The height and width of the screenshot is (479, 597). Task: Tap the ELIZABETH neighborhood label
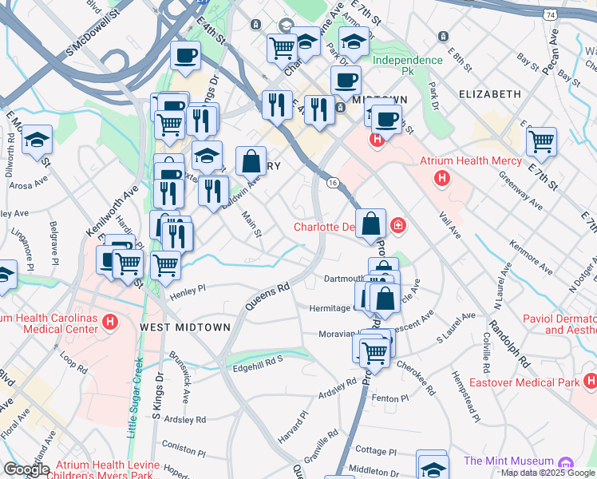coord(489,93)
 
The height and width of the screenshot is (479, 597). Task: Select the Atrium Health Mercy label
coord(471,161)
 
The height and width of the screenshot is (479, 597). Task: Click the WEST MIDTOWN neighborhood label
coord(185,327)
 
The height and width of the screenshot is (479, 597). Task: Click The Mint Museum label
coord(508,461)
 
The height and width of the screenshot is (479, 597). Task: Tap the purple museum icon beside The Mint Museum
coord(566,463)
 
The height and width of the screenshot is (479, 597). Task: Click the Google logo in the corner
coord(26,469)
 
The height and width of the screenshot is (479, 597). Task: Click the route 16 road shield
coord(332,183)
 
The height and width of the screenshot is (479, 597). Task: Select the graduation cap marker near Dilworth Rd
coord(37,141)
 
